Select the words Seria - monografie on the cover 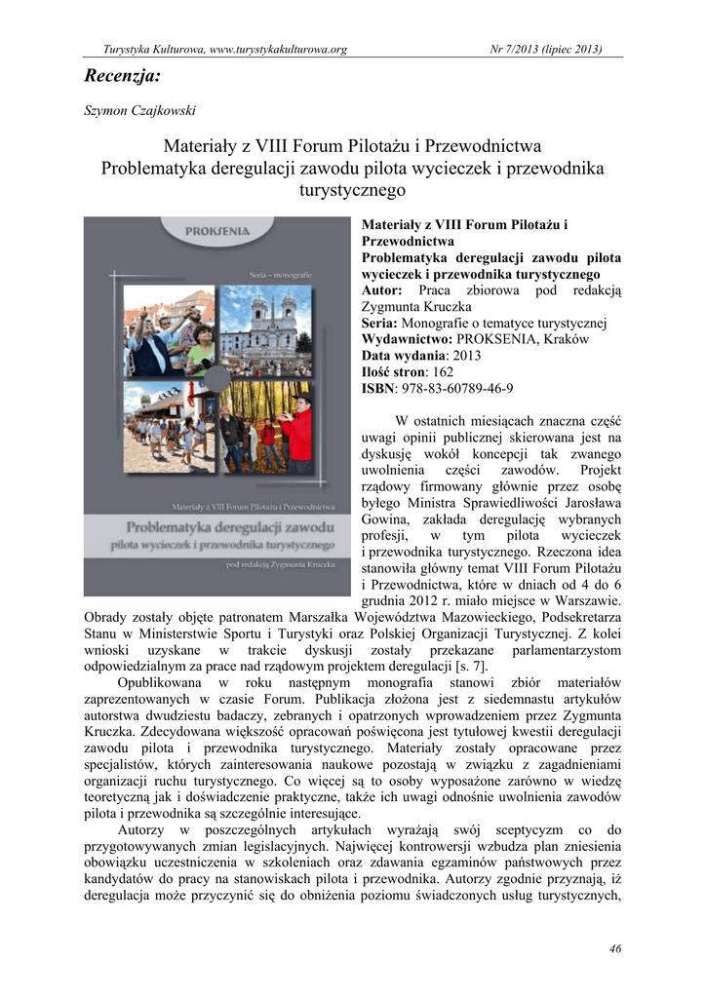tap(284, 276)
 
